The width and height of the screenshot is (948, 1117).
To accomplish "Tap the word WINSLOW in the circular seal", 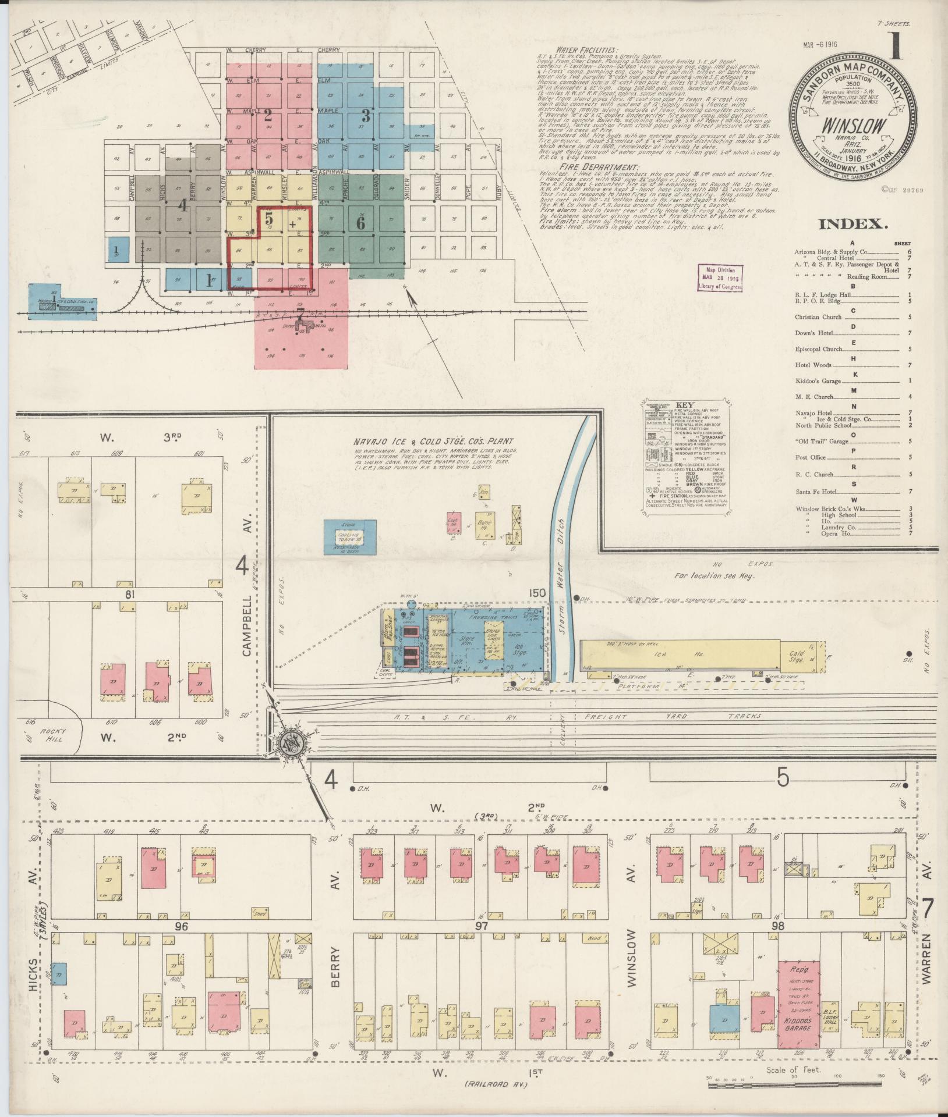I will [x=854, y=126].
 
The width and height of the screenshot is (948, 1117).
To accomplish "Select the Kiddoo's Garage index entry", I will [x=818, y=381].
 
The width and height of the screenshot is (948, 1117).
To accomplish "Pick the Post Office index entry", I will [x=810, y=457].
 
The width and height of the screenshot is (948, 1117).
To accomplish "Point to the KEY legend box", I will [x=687, y=454].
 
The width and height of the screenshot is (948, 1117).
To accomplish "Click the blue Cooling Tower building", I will [x=349, y=536].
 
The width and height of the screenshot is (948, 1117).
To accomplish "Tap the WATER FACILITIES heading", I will [x=587, y=50].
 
